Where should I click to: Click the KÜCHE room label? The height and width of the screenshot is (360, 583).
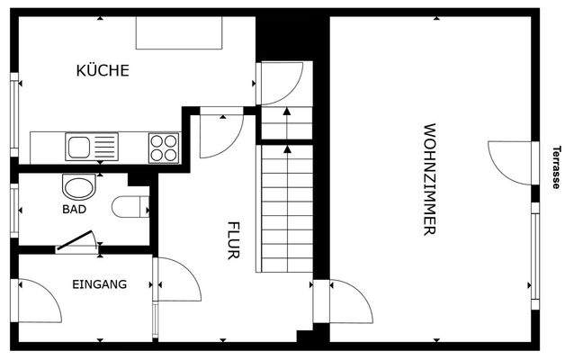103,70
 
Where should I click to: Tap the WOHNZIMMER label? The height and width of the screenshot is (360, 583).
429,179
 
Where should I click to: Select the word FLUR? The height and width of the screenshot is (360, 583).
232,240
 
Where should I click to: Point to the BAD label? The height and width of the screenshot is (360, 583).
75,210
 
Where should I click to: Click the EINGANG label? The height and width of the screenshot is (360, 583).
99,284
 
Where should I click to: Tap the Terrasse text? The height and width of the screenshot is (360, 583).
557,166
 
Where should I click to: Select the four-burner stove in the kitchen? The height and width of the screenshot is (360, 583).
163,146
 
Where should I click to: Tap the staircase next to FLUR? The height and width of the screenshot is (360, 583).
285,207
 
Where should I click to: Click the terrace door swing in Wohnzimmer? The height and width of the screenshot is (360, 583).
510,162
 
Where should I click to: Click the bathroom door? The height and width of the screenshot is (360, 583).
77,241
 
